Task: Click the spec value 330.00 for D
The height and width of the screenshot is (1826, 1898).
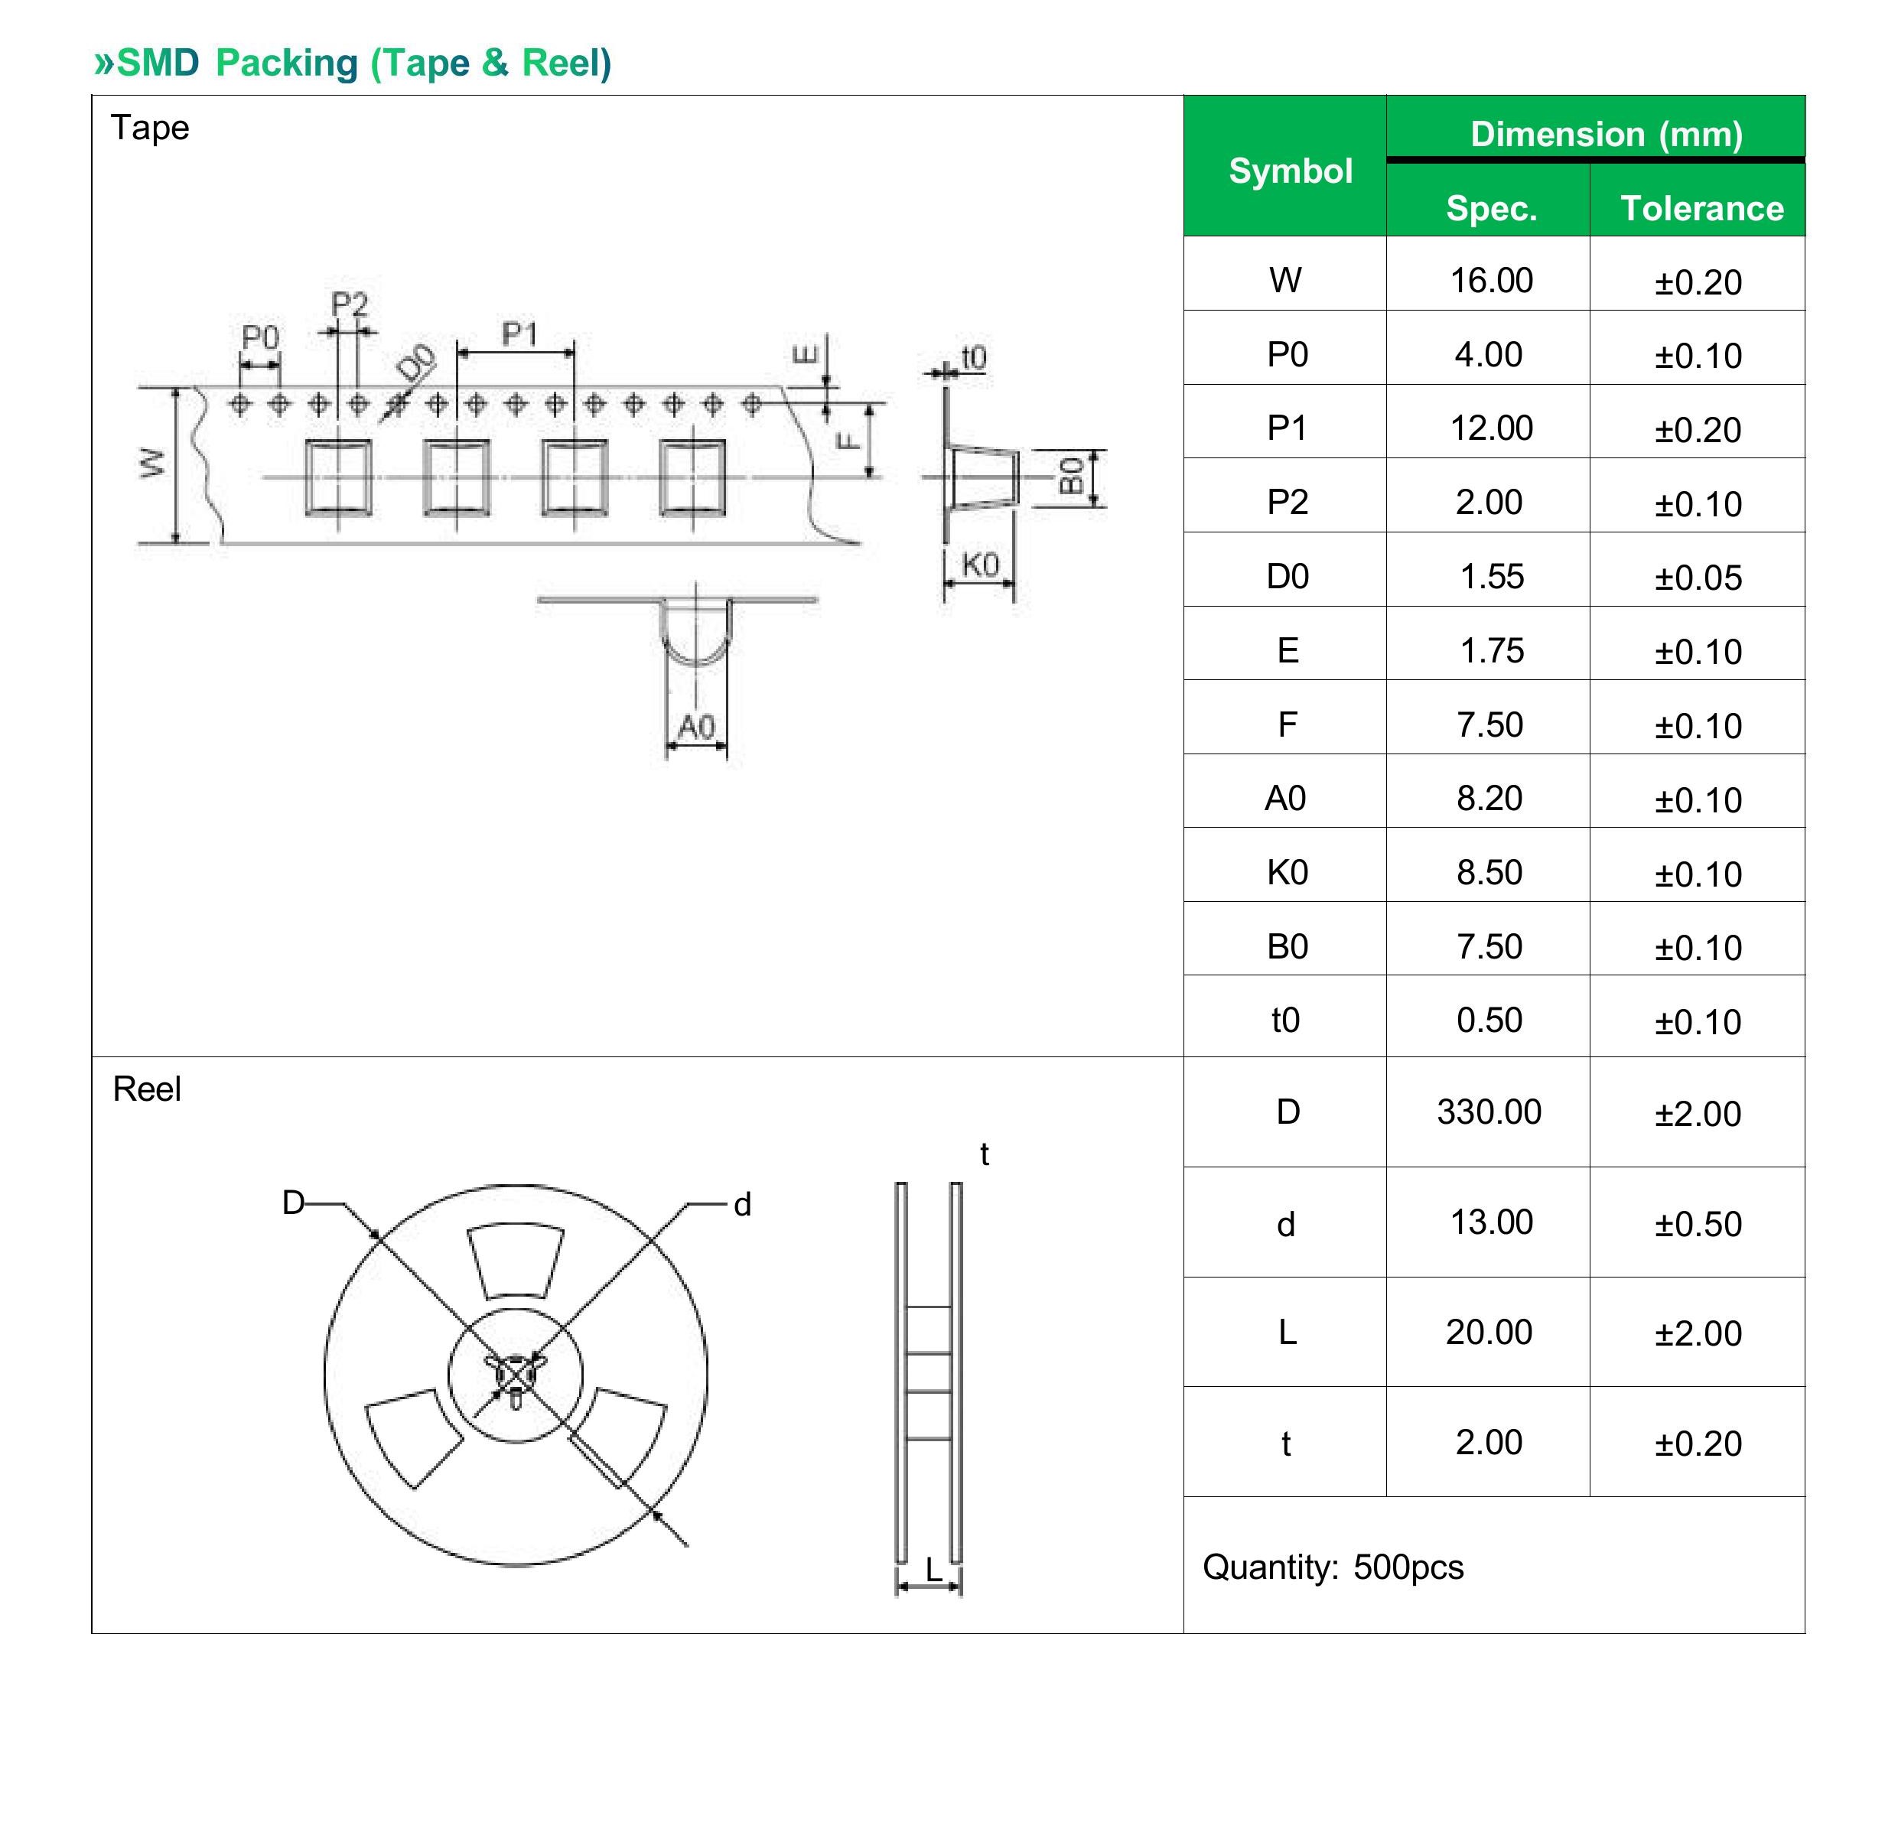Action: (x=1489, y=1112)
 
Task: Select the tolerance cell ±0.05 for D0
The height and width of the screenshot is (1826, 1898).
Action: (x=1698, y=578)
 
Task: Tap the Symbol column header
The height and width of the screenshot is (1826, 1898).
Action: (x=1290, y=171)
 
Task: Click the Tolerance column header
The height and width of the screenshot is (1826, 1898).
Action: (x=1701, y=208)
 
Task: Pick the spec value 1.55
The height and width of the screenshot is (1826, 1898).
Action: (x=1491, y=576)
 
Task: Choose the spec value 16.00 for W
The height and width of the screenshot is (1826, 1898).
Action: (x=1491, y=280)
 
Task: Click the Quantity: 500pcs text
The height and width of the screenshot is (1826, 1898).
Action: (x=1333, y=1567)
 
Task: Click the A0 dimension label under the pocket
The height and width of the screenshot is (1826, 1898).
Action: (x=695, y=726)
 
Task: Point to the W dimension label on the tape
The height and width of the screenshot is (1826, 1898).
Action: (x=152, y=463)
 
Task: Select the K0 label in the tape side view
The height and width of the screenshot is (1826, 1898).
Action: (x=980, y=564)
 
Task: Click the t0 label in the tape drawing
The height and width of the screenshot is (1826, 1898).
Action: (x=973, y=357)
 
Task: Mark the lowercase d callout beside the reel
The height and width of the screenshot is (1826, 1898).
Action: (x=742, y=1204)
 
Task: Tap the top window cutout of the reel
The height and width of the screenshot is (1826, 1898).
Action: (x=514, y=1261)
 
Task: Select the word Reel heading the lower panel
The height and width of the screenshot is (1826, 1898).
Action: (x=146, y=1089)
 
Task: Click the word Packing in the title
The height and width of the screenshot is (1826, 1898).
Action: (x=287, y=63)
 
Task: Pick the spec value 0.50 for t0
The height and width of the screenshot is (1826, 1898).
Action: (x=1489, y=1020)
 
